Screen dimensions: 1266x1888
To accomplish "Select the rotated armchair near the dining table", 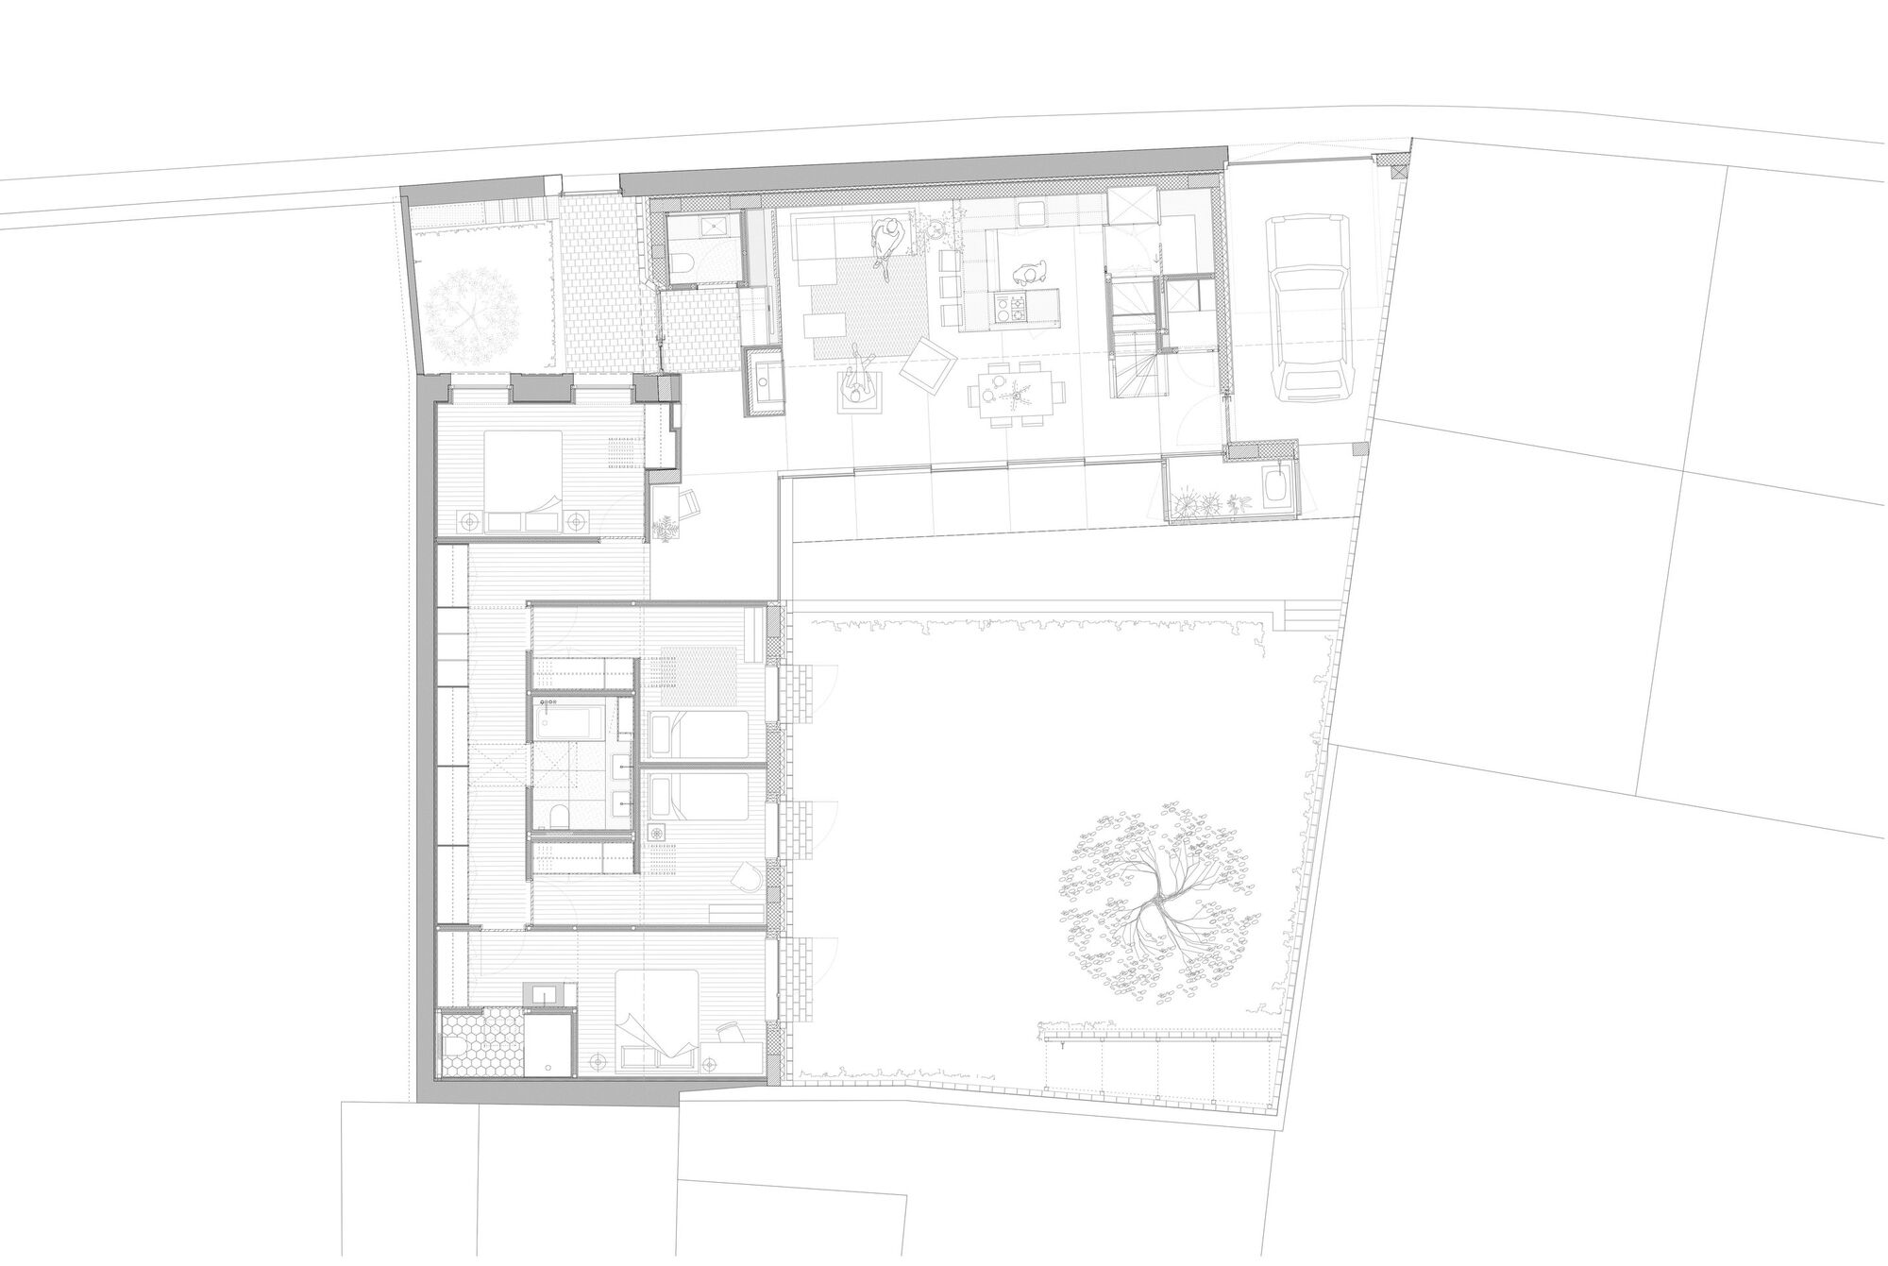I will click(930, 367).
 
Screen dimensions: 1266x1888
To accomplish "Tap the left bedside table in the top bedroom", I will click(469, 518).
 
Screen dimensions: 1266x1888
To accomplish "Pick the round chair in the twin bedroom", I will click(748, 876).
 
